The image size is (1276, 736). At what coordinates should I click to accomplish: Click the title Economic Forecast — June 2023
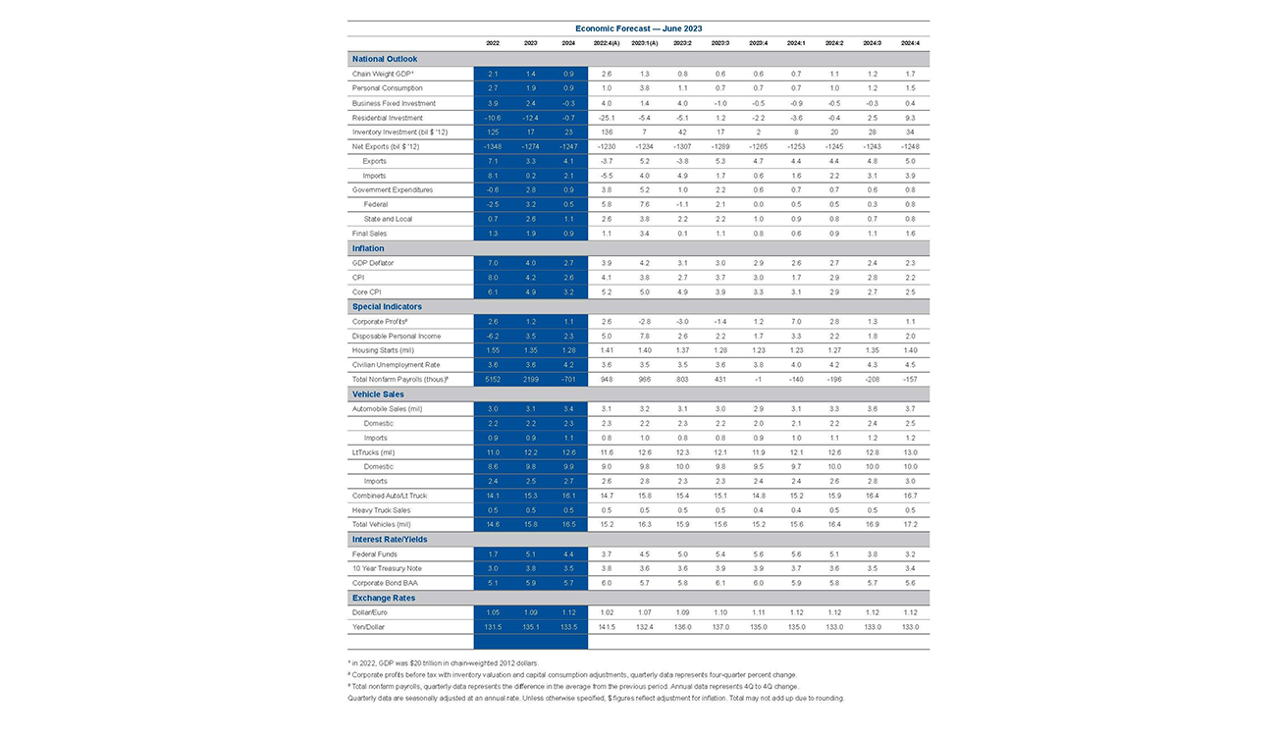[x=638, y=29]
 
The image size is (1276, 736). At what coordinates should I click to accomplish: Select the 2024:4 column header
[x=910, y=43]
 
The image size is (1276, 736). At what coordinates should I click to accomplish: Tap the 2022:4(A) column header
[x=606, y=43]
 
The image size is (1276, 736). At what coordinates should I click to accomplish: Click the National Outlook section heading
[x=385, y=59]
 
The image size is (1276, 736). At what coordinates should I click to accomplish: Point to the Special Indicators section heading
[x=388, y=306]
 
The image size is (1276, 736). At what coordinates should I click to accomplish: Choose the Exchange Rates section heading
[x=384, y=598]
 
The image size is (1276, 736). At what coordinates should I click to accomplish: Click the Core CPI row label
[x=367, y=291]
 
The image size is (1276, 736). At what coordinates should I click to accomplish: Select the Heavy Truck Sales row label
[x=382, y=510]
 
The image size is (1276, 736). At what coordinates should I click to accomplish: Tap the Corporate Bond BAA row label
[x=385, y=583]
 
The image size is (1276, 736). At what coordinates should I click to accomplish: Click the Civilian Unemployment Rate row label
[x=395, y=365]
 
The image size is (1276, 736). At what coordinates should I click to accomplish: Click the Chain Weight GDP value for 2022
[x=493, y=74]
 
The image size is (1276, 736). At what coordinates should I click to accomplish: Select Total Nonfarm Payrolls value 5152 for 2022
[x=493, y=379]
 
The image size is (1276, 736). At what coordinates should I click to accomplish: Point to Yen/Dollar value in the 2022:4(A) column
[x=606, y=626]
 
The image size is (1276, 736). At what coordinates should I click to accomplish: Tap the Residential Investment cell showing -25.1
[x=606, y=117]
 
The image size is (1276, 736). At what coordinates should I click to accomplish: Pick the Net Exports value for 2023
[x=530, y=146]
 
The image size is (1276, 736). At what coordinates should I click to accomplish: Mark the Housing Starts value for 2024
[x=568, y=350]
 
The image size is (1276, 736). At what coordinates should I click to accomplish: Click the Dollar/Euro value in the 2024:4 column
[x=910, y=611]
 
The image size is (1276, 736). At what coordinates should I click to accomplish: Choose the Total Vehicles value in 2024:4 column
[x=910, y=525]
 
